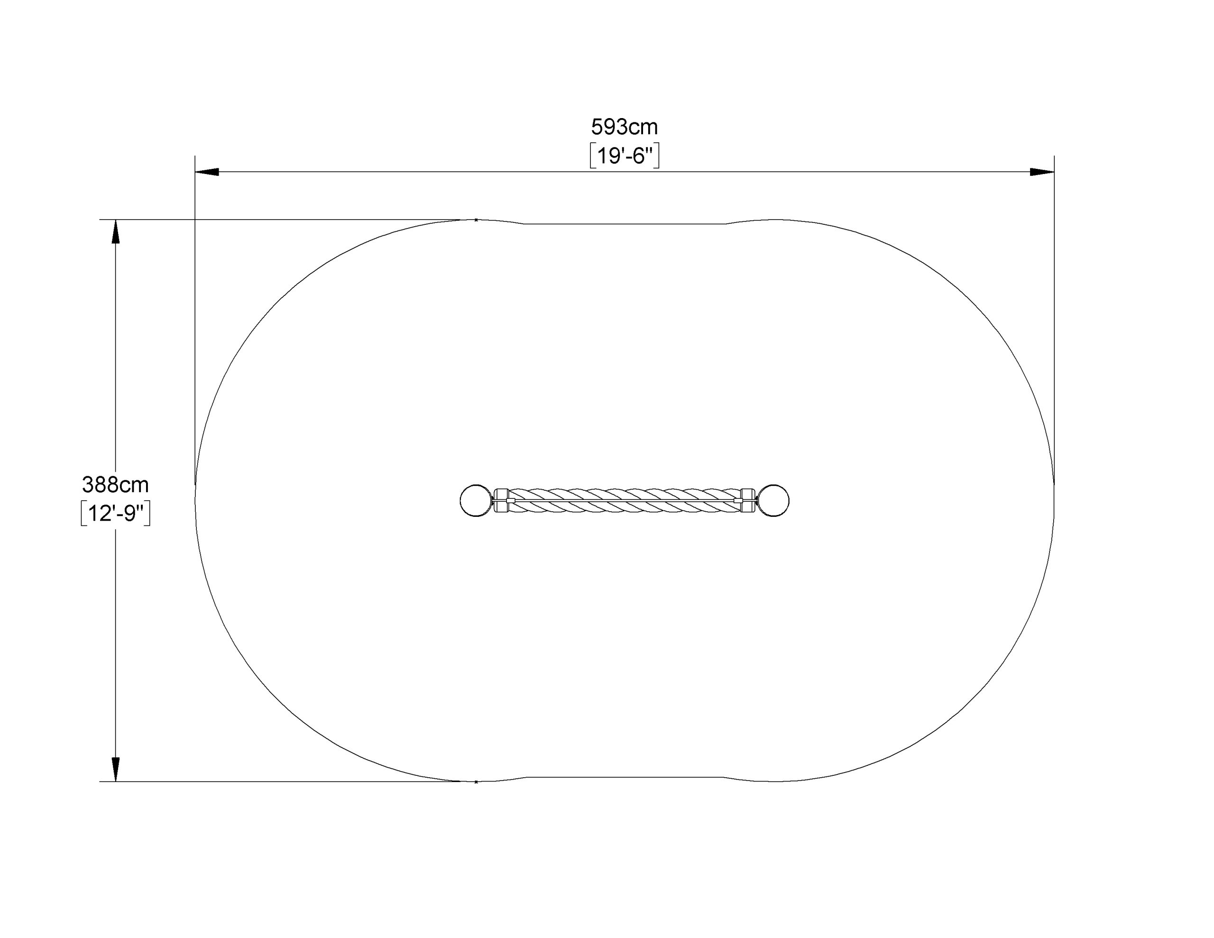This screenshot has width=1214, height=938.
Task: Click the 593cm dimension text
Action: (x=624, y=128)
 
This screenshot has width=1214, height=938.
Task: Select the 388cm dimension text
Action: (x=116, y=485)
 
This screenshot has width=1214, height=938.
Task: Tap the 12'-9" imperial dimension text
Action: (x=116, y=514)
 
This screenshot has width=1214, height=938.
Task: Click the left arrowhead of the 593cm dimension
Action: (x=206, y=172)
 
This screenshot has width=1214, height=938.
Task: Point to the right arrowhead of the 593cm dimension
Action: (x=1042, y=172)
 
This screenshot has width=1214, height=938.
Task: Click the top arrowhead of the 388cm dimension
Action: (x=116, y=231)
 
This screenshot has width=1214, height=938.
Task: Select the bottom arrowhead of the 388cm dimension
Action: (x=116, y=770)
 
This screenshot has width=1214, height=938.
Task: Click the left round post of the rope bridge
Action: (x=477, y=500)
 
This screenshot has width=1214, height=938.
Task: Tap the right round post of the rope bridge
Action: (x=773, y=500)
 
